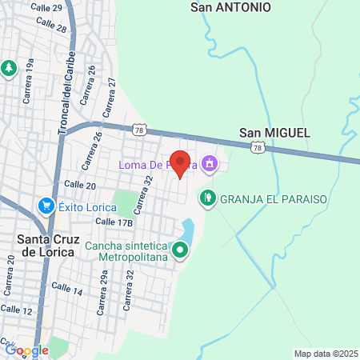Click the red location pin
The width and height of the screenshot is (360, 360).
point(181,163)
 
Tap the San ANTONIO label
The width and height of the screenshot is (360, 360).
point(231,7)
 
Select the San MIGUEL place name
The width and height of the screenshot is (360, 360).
point(274,132)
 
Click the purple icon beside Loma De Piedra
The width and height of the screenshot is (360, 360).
point(209,165)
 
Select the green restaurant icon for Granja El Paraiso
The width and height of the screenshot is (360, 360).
point(208,196)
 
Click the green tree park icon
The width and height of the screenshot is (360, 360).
point(10,68)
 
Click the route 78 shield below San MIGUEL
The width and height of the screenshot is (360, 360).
point(257,147)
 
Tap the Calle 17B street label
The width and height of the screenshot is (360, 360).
point(114,222)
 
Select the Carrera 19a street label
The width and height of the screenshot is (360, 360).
point(30,71)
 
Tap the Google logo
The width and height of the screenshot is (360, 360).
point(26,350)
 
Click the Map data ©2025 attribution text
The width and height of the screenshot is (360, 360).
point(326,354)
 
